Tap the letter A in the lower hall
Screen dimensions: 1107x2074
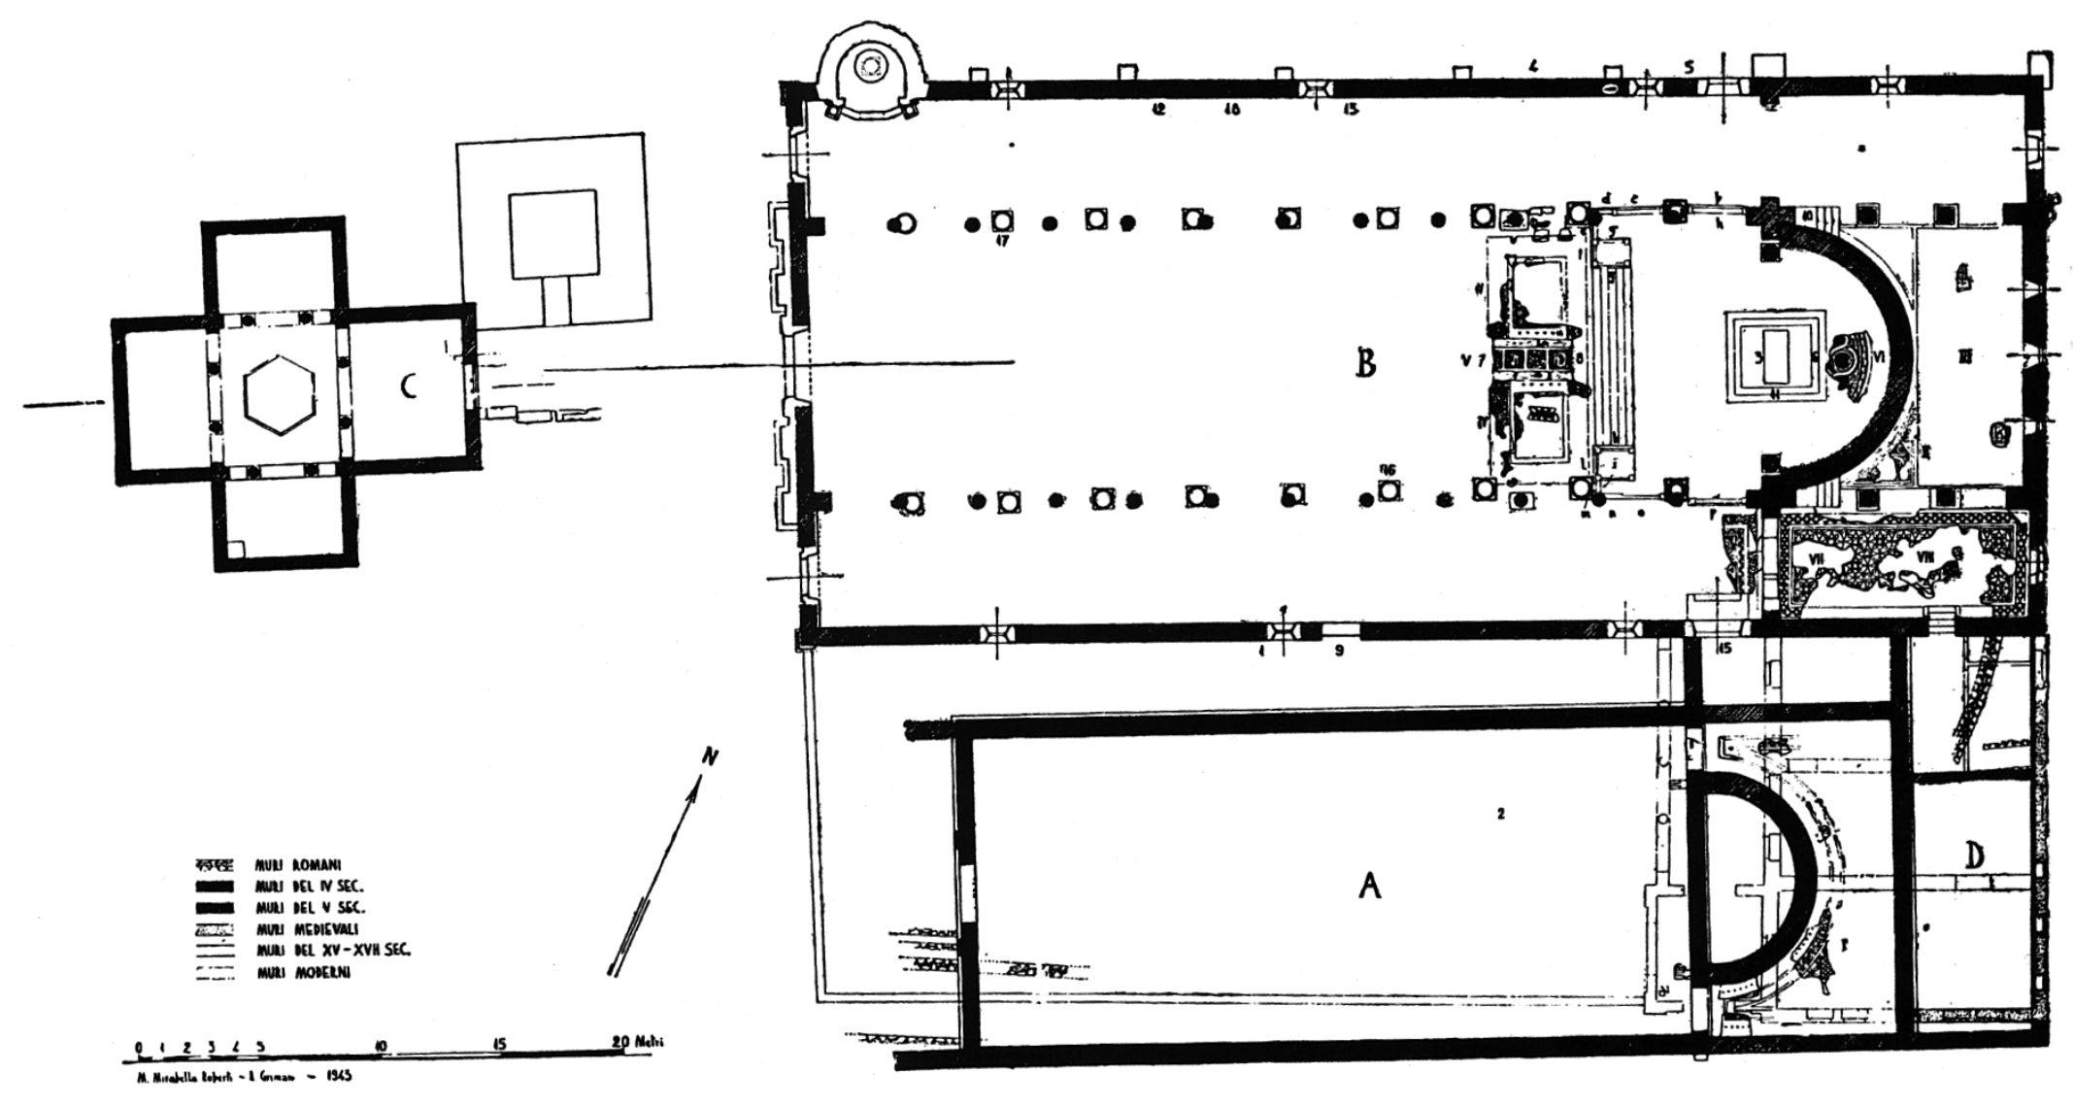[1369, 885]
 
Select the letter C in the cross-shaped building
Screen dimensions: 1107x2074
[410, 386]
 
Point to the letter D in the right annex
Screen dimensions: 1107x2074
[1975, 855]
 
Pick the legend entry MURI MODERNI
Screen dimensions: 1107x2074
[302, 972]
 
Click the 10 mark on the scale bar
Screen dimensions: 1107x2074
[380, 1046]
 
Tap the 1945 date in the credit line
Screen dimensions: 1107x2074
[338, 1077]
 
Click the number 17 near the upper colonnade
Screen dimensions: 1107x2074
[1003, 241]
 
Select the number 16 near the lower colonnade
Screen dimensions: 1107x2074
[1388, 470]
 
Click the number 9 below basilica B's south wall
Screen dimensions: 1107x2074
[1339, 652]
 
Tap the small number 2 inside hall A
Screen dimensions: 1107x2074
[1501, 814]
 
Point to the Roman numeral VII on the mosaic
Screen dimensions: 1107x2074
[1810, 558]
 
